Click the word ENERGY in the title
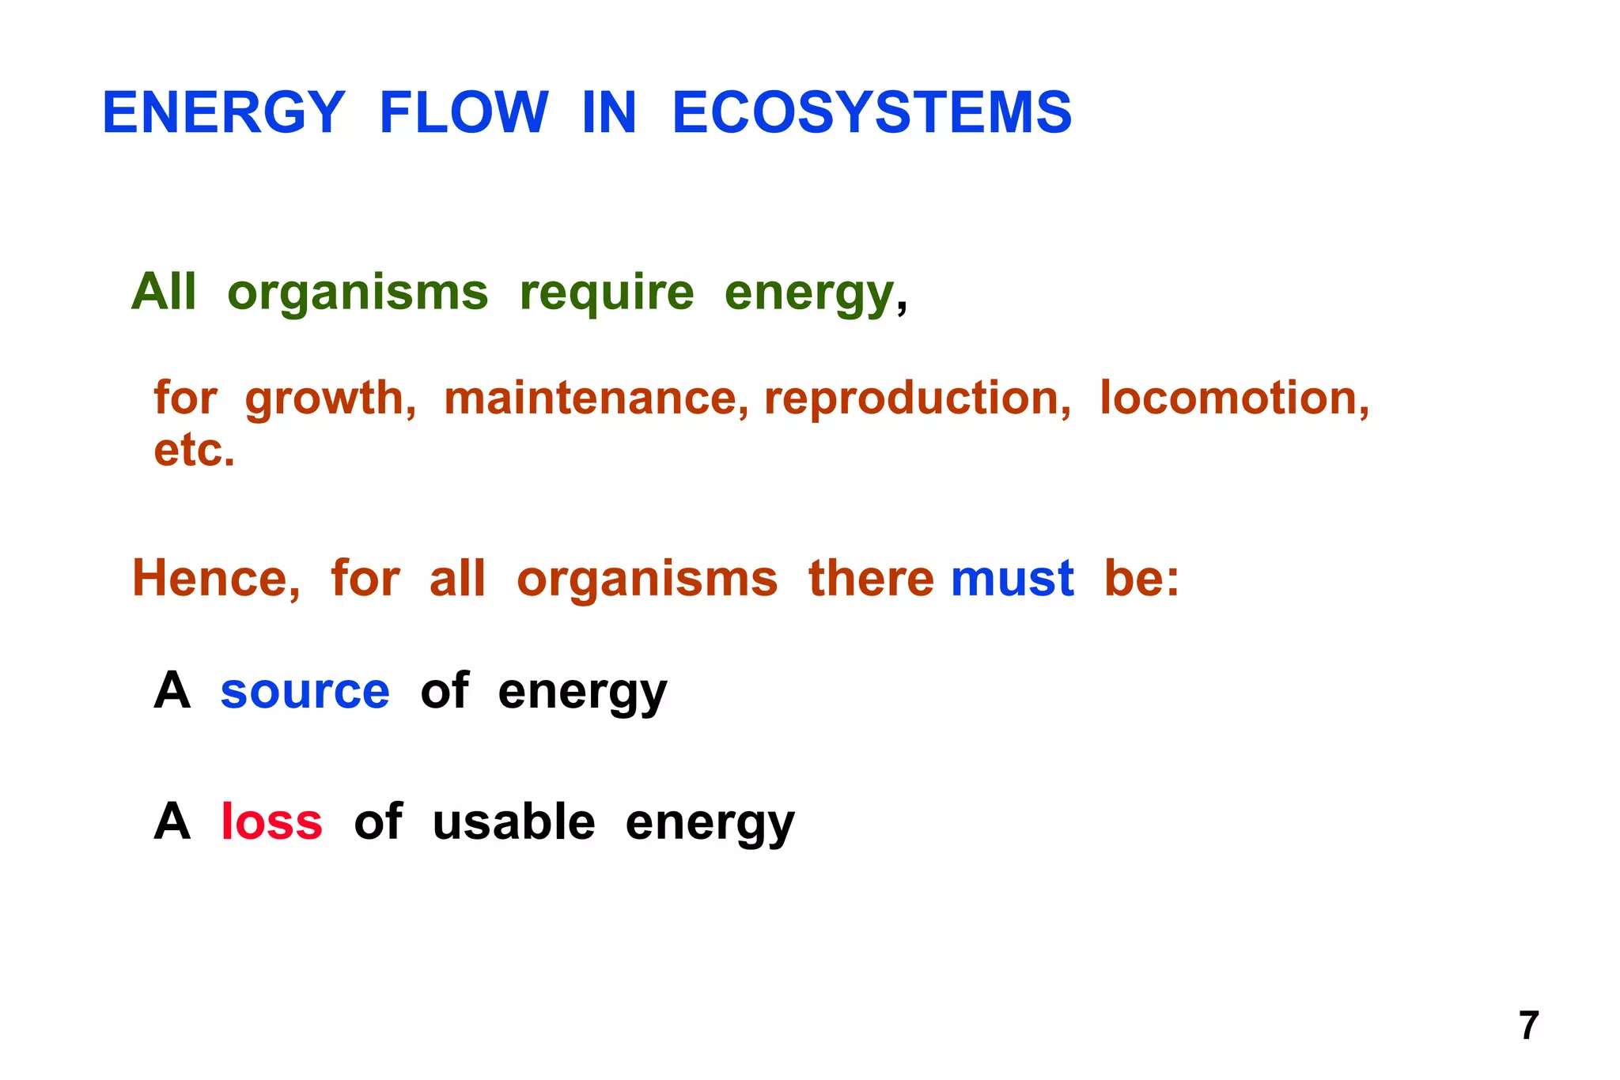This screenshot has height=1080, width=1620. [224, 112]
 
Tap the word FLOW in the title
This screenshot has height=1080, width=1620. [464, 112]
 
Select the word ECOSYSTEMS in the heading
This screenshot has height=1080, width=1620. [872, 112]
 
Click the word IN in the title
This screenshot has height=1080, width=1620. [609, 112]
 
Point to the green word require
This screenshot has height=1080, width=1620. [607, 293]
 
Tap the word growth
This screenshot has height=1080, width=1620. [330, 398]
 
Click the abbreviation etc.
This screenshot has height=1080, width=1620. [194, 451]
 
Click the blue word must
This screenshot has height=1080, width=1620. [1012, 578]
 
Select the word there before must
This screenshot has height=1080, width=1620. [871, 578]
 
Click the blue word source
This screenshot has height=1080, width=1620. [305, 691]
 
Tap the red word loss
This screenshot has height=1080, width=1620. [271, 821]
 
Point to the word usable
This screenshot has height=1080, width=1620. [513, 821]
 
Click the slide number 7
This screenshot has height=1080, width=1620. [1528, 1026]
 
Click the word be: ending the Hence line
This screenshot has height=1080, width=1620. [1141, 578]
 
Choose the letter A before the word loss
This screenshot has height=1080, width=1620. [172, 821]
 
